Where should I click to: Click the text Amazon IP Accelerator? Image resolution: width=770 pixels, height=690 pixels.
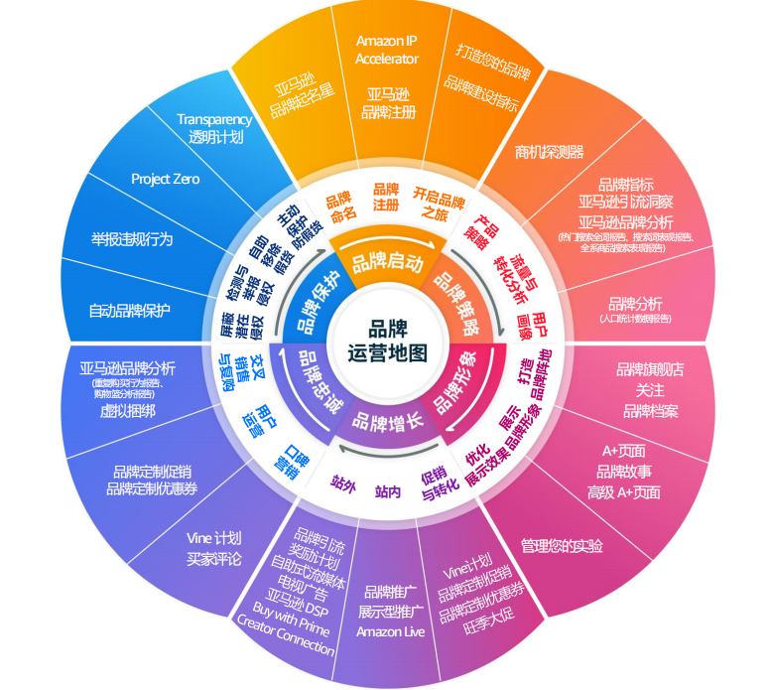[x=387, y=50]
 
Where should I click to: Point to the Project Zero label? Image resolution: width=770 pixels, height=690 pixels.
[x=166, y=179]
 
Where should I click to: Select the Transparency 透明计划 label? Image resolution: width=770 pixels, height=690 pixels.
[x=215, y=128]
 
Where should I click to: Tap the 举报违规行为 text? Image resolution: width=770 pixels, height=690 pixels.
[x=132, y=239]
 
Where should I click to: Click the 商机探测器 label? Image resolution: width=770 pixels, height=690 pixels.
[x=549, y=152]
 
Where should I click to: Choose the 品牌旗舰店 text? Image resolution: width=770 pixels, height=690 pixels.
[x=650, y=369]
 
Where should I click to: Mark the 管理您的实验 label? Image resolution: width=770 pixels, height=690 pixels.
[x=561, y=546]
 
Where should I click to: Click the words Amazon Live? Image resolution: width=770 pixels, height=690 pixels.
[x=390, y=631]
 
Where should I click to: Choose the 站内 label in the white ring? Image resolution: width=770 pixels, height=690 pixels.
[x=387, y=489]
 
